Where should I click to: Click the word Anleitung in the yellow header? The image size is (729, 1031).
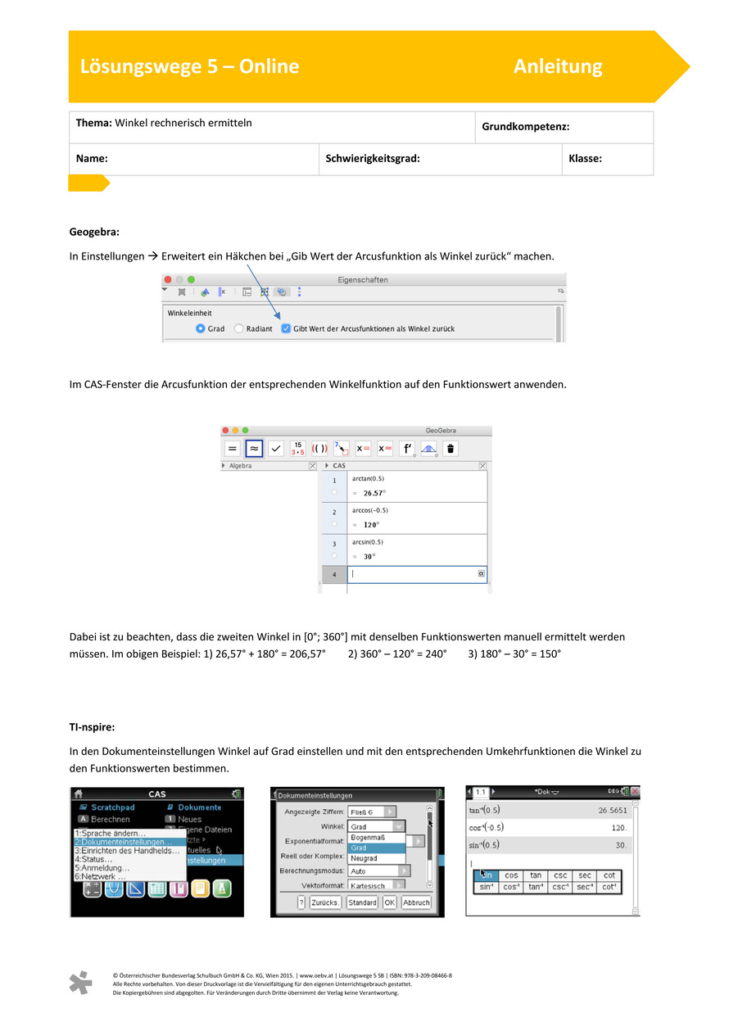pyautogui.click(x=558, y=66)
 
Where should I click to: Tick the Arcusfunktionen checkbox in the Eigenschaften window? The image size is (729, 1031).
pyautogui.click(x=285, y=328)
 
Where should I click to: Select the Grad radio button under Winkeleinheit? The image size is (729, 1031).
pyautogui.click(x=201, y=328)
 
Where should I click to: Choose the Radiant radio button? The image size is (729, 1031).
pyautogui.click(x=239, y=328)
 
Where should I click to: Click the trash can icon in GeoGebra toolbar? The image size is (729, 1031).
pyautogui.click(x=451, y=448)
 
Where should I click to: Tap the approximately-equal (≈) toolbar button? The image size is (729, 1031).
pyautogui.click(x=254, y=448)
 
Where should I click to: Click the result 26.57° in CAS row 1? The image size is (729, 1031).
pyautogui.click(x=374, y=493)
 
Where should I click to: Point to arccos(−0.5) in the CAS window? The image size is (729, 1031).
pyautogui.click(x=370, y=510)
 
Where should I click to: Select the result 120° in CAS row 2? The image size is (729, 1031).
pyautogui.click(x=370, y=525)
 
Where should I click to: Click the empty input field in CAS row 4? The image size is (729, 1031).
pyautogui.click(x=414, y=574)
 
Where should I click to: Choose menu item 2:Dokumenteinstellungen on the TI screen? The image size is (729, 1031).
pyautogui.click(x=124, y=842)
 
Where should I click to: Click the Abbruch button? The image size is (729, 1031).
pyautogui.click(x=416, y=902)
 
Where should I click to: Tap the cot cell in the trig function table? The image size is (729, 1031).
pyautogui.click(x=609, y=875)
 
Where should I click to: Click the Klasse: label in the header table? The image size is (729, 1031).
pyautogui.click(x=585, y=159)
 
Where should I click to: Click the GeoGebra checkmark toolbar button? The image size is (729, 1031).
pyautogui.click(x=276, y=448)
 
